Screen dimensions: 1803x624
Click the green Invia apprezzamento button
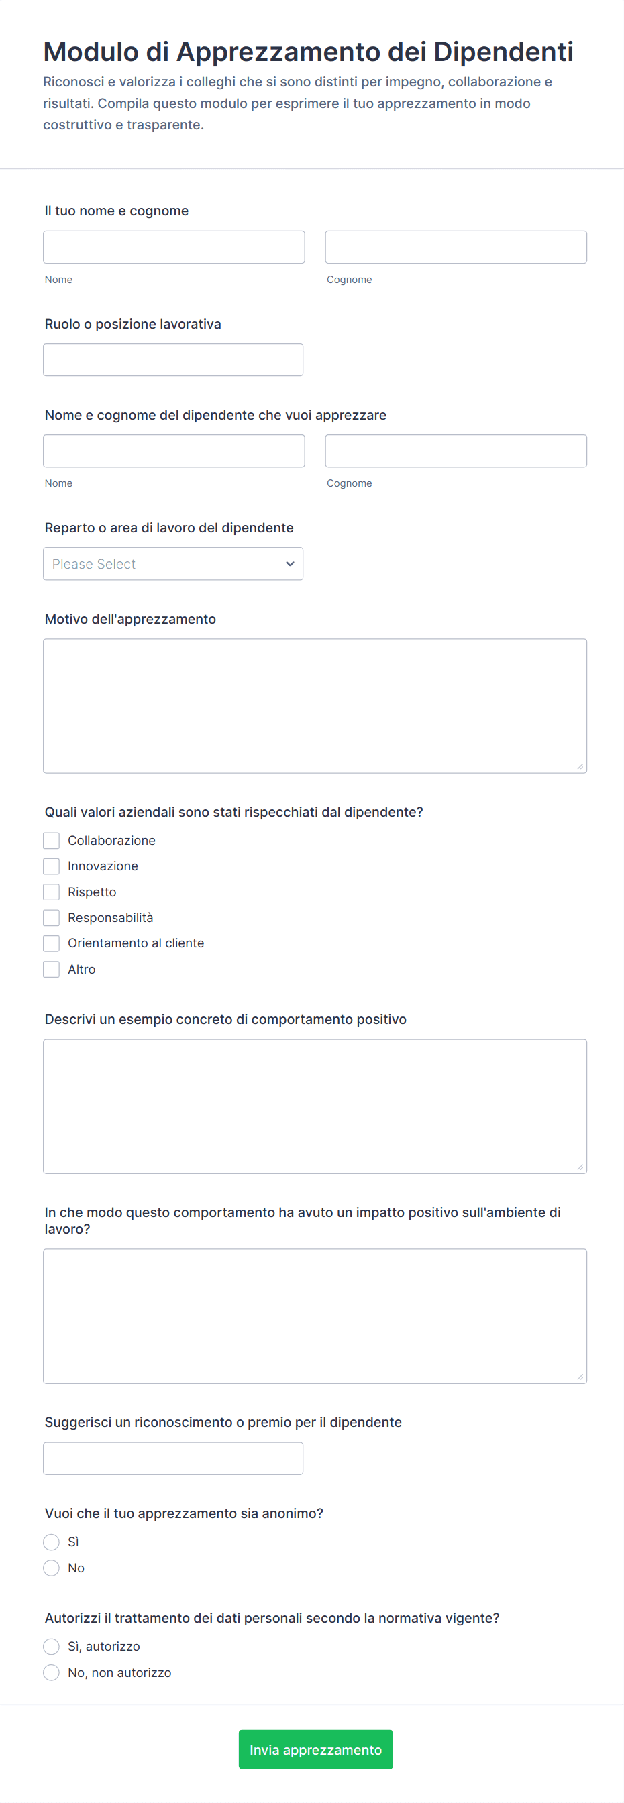point(315,1749)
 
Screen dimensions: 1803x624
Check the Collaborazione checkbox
point(51,840)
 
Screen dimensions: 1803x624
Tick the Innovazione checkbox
point(51,866)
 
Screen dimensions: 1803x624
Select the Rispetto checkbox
point(51,892)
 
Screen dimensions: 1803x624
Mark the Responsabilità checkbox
point(51,918)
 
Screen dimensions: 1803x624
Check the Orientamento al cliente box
point(51,943)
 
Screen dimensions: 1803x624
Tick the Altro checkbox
point(51,969)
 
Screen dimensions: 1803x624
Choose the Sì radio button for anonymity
point(51,1542)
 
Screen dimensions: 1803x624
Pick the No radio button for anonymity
point(51,1568)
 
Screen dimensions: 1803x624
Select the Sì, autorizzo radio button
point(51,1646)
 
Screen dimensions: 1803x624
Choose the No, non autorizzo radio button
point(51,1672)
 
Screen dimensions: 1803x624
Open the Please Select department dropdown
point(173,563)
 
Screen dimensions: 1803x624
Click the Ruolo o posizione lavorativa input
point(173,360)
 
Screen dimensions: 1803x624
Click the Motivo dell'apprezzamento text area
point(315,705)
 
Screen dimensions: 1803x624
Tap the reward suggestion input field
point(173,1458)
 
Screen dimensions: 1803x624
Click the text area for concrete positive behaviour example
point(315,1106)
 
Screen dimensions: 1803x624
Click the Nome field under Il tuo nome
point(174,247)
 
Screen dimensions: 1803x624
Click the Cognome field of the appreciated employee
point(455,451)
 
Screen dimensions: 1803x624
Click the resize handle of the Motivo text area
point(580,766)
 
